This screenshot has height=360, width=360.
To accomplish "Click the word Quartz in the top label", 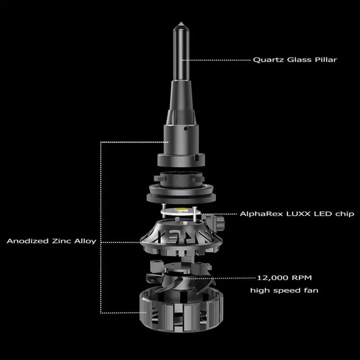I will click(x=265, y=59).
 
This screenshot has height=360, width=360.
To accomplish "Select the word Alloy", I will click(x=84, y=241).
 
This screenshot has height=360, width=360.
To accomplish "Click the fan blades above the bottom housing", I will click(x=180, y=279).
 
